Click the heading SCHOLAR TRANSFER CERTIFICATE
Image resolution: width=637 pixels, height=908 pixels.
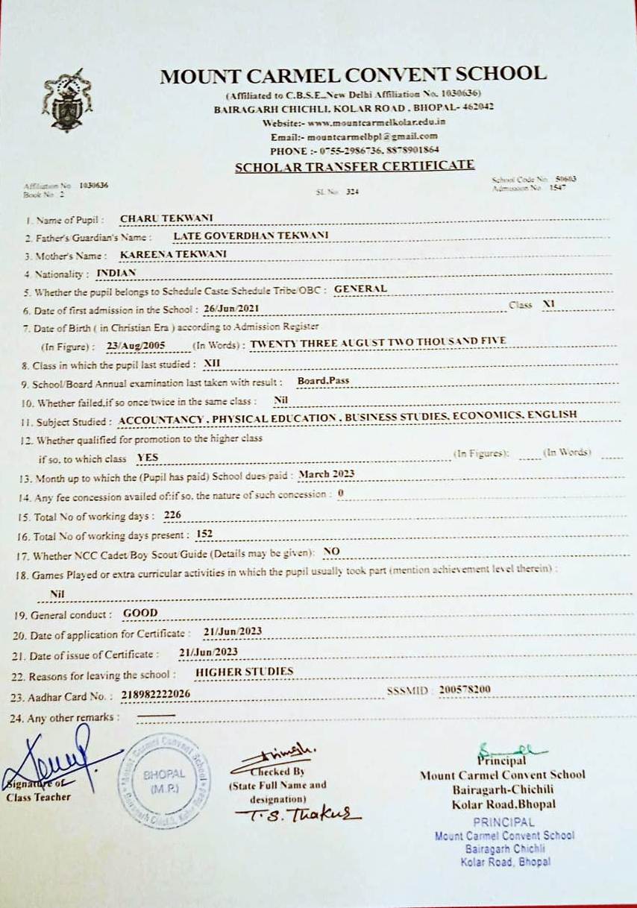pos(354,166)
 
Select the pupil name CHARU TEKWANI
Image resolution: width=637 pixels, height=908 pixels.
pos(166,218)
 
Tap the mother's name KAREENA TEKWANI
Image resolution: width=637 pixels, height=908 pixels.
pos(173,254)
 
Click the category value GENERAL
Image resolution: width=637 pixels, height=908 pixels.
pos(360,289)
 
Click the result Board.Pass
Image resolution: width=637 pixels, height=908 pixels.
pos(323,381)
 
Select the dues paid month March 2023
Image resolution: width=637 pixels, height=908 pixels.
pos(325,473)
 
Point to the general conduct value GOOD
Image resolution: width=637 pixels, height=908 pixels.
pos(140,613)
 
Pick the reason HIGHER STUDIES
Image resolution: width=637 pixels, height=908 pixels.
pos(243,672)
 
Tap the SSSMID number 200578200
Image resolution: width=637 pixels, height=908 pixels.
pos(465,690)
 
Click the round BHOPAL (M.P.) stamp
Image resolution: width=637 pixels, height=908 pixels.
pos(166,780)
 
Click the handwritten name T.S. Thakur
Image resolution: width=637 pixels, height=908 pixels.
pos(297,814)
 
